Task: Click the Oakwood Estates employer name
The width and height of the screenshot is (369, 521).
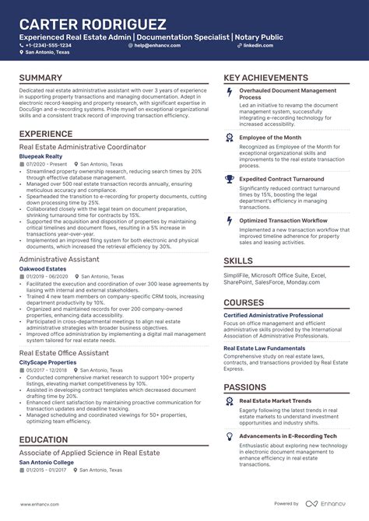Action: coord(43,268)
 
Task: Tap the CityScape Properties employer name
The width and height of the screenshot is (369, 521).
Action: coord(47,362)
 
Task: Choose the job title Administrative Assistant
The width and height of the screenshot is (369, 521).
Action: coord(60,258)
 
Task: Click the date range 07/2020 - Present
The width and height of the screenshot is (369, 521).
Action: coord(46,165)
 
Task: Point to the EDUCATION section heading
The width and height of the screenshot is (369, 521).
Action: coord(44,440)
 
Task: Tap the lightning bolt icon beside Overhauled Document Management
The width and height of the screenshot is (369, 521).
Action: coord(229,93)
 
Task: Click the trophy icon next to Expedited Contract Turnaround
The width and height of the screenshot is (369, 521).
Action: coord(229,180)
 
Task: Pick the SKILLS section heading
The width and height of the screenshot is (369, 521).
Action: coord(237,261)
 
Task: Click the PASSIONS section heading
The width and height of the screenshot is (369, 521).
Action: coord(245,386)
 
